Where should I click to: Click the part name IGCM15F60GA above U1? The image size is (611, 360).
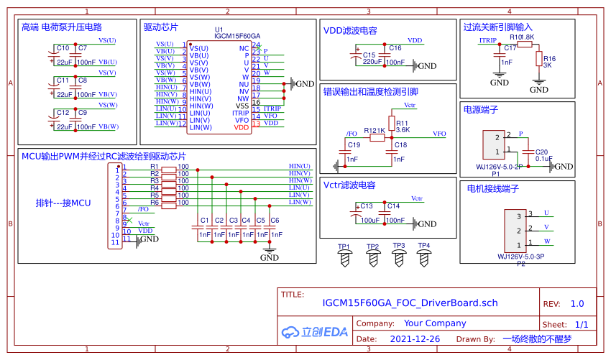point(237,36)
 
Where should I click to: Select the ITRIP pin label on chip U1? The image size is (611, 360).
point(240,113)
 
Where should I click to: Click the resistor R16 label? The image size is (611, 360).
point(549,58)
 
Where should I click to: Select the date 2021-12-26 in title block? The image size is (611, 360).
point(415,338)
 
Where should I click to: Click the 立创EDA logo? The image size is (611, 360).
point(314,332)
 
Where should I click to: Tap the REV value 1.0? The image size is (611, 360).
point(577,304)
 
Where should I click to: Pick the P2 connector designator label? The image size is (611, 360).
point(521,263)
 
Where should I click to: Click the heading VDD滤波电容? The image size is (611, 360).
point(350,31)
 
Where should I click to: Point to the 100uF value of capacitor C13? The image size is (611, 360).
point(370,221)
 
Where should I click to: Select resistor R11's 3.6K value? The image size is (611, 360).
point(403,130)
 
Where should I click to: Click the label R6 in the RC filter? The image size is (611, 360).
point(154,203)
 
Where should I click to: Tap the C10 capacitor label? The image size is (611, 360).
point(63,48)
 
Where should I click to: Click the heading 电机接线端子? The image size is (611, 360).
point(493,189)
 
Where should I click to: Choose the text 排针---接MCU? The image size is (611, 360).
point(63,203)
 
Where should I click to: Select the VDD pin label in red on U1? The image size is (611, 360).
point(241,127)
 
